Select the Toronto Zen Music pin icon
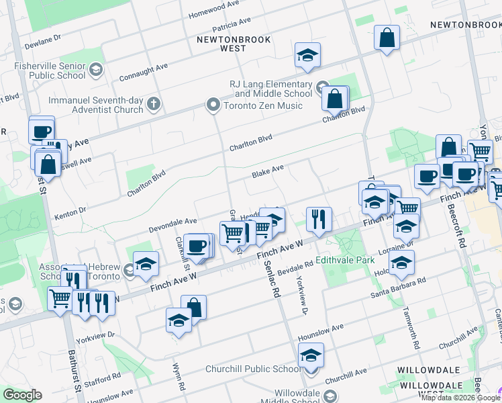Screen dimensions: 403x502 click(x=213, y=104)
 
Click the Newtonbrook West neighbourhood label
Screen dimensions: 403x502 click(x=234, y=44)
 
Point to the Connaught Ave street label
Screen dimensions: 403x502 click(x=144, y=73)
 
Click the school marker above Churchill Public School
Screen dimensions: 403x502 click(x=311, y=355)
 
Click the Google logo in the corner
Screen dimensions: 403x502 click(x=23, y=395)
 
